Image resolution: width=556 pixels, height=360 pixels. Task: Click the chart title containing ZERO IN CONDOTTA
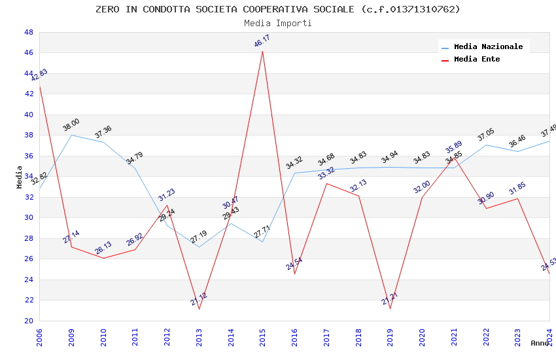click(x=277, y=9)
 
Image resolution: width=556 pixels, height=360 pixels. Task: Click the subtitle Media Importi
click(x=277, y=23)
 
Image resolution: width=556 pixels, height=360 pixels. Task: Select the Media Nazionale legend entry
click(x=488, y=47)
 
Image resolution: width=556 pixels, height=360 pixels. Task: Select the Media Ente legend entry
click(x=477, y=60)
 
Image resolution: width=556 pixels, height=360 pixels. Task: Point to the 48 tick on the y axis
click(x=28, y=32)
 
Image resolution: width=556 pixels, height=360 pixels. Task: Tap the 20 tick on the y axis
click(x=28, y=321)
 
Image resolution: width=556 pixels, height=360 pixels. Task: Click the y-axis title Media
click(x=19, y=177)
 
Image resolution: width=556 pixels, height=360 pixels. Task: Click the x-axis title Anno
click(x=540, y=343)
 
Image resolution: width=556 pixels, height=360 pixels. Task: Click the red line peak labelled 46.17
click(x=263, y=51)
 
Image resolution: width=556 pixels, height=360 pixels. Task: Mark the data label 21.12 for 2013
click(x=199, y=299)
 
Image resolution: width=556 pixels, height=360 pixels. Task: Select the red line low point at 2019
click(x=391, y=308)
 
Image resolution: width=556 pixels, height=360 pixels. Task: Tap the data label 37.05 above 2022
click(x=486, y=135)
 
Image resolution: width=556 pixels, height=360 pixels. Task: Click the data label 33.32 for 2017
click(x=326, y=173)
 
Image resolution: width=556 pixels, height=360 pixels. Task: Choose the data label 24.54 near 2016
click(x=294, y=264)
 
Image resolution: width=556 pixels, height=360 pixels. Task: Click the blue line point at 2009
click(x=71, y=135)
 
